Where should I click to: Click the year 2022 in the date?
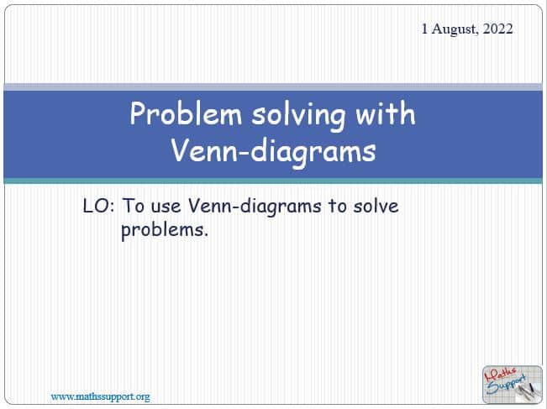tap(497, 29)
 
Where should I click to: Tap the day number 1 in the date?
tap(424, 29)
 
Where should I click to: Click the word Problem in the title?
tap(186, 113)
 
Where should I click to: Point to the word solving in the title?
tap(298, 115)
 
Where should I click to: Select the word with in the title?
tap(385, 113)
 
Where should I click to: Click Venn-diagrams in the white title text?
tap(273, 152)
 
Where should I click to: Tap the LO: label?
tap(98, 206)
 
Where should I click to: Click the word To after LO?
tap(133, 206)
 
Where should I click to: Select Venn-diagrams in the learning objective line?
tap(255, 207)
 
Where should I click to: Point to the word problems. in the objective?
tap(165, 230)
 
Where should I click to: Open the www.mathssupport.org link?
tap(101, 396)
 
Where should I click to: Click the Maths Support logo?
tap(512, 385)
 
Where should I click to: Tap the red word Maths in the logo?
tap(501, 375)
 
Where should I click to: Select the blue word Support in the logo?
tap(506, 385)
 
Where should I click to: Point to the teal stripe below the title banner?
tap(273, 181)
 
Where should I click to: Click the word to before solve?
tap(337, 206)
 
